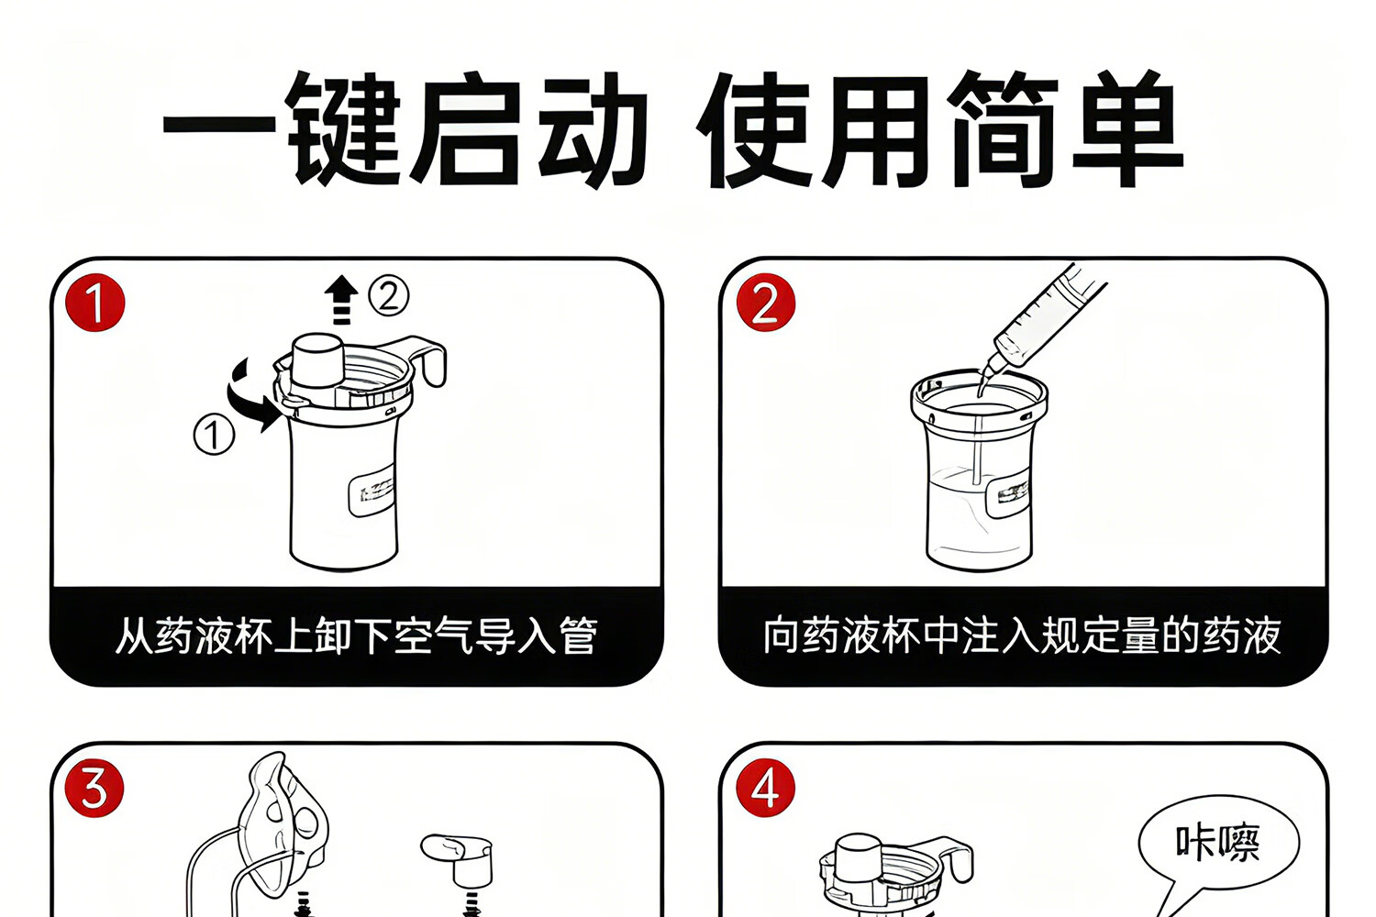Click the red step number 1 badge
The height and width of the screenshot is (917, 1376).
(95, 303)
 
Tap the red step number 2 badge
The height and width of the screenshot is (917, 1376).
(765, 303)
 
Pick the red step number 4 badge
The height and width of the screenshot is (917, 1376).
(765, 788)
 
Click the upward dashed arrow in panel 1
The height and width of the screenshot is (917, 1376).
(341, 300)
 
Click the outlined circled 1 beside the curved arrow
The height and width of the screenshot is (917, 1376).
(214, 435)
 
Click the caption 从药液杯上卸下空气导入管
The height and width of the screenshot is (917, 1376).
(356, 635)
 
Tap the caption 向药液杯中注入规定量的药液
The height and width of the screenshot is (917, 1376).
(1022, 635)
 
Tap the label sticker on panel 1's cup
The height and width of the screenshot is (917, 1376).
(371, 495)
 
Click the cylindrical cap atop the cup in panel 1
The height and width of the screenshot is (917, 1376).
(317, 359)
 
